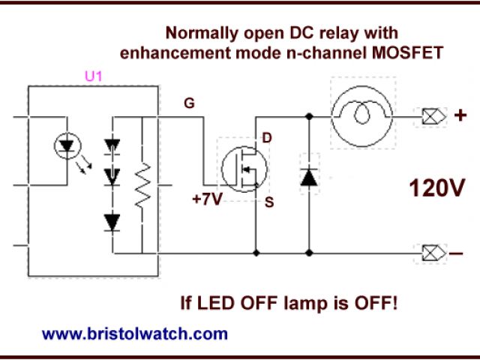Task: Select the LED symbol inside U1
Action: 65,147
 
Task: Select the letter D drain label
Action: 268,139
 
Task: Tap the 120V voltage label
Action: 437,187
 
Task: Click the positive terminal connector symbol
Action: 432,116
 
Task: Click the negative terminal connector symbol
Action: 432,253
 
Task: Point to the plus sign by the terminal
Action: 460,116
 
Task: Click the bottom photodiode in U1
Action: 112,221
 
